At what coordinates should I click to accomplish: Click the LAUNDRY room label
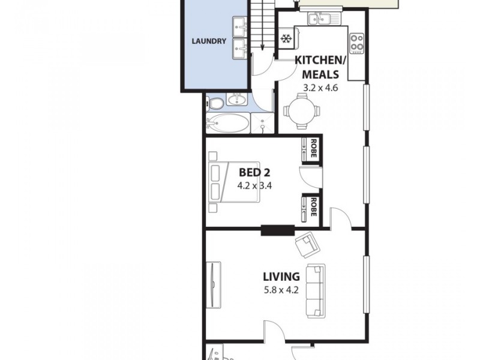point(208,41)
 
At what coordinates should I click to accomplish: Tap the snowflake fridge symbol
point(286,40)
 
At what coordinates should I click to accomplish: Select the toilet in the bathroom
point(211,104)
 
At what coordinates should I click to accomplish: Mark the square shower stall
point(262,123)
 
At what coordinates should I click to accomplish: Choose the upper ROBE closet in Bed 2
point(312,149)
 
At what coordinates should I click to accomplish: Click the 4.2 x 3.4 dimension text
point(254,185)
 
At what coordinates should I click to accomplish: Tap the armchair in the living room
point(306,243)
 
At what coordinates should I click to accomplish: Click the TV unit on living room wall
point(214,285)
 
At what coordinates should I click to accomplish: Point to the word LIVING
point(281,277)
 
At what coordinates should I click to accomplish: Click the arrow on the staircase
point(262,36)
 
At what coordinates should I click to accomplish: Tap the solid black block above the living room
point(277,229)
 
